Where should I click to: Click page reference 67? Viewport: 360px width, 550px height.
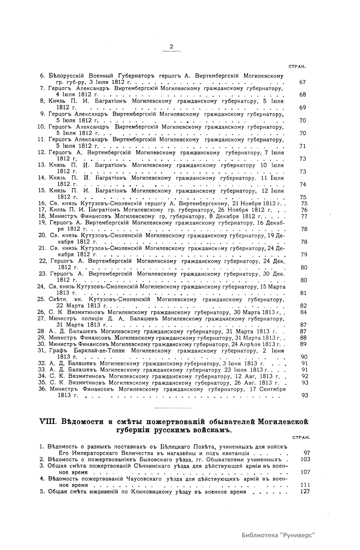pyautogui.click(x=303, y=82)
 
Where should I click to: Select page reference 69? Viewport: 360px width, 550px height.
pyautogui.click(x=303, y=108)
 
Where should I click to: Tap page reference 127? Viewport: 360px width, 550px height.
pyautogui.click(x=305, y=492)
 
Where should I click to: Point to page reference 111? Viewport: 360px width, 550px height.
pyautogui.click(x=305, y=485)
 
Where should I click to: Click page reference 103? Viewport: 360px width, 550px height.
pyautogui.click(x=305, y=459)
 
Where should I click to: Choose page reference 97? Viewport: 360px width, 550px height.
pyautogui.click(x=306, y=453)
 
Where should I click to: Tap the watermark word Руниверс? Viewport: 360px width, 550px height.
pyautogui.click(x=297, y=535)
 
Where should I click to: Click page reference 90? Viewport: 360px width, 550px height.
pyautogui.click(x=303, y=357)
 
